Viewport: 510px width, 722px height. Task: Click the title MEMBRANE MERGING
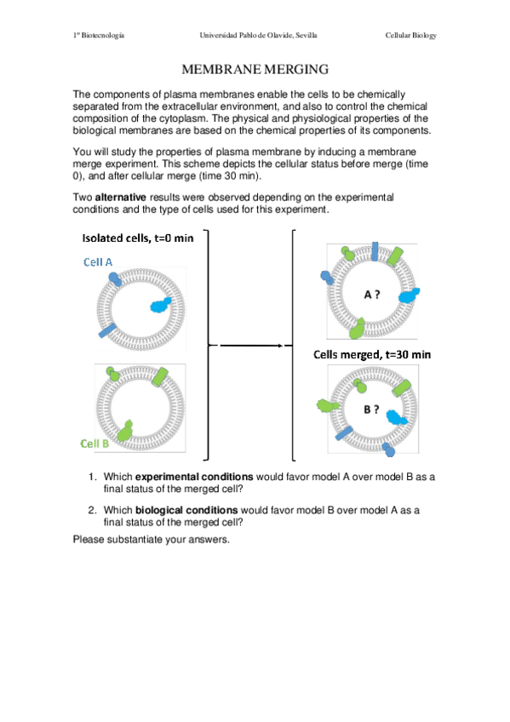255,70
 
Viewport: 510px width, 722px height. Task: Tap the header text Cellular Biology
410,36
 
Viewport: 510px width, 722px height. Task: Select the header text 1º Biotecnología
99,36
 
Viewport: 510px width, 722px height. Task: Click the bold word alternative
121,198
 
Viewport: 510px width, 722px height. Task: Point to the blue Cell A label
98,262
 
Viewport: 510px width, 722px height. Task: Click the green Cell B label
95,444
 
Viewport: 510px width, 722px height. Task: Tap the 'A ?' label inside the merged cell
372,295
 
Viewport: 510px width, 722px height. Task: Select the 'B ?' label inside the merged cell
371,410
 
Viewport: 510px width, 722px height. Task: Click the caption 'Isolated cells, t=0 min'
138,238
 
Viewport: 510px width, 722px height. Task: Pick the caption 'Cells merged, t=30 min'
372,354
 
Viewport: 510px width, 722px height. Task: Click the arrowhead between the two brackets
280,346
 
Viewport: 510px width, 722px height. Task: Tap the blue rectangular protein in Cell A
107,330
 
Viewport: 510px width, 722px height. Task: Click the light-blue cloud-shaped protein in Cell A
161,305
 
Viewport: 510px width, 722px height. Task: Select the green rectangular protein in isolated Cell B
160,376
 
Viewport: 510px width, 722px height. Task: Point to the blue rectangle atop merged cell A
375,251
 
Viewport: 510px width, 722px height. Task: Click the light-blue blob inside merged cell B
396,417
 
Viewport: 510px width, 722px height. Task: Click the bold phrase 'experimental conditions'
194,477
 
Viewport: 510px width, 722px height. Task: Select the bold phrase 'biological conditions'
186,510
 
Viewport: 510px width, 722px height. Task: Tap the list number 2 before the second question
93,510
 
